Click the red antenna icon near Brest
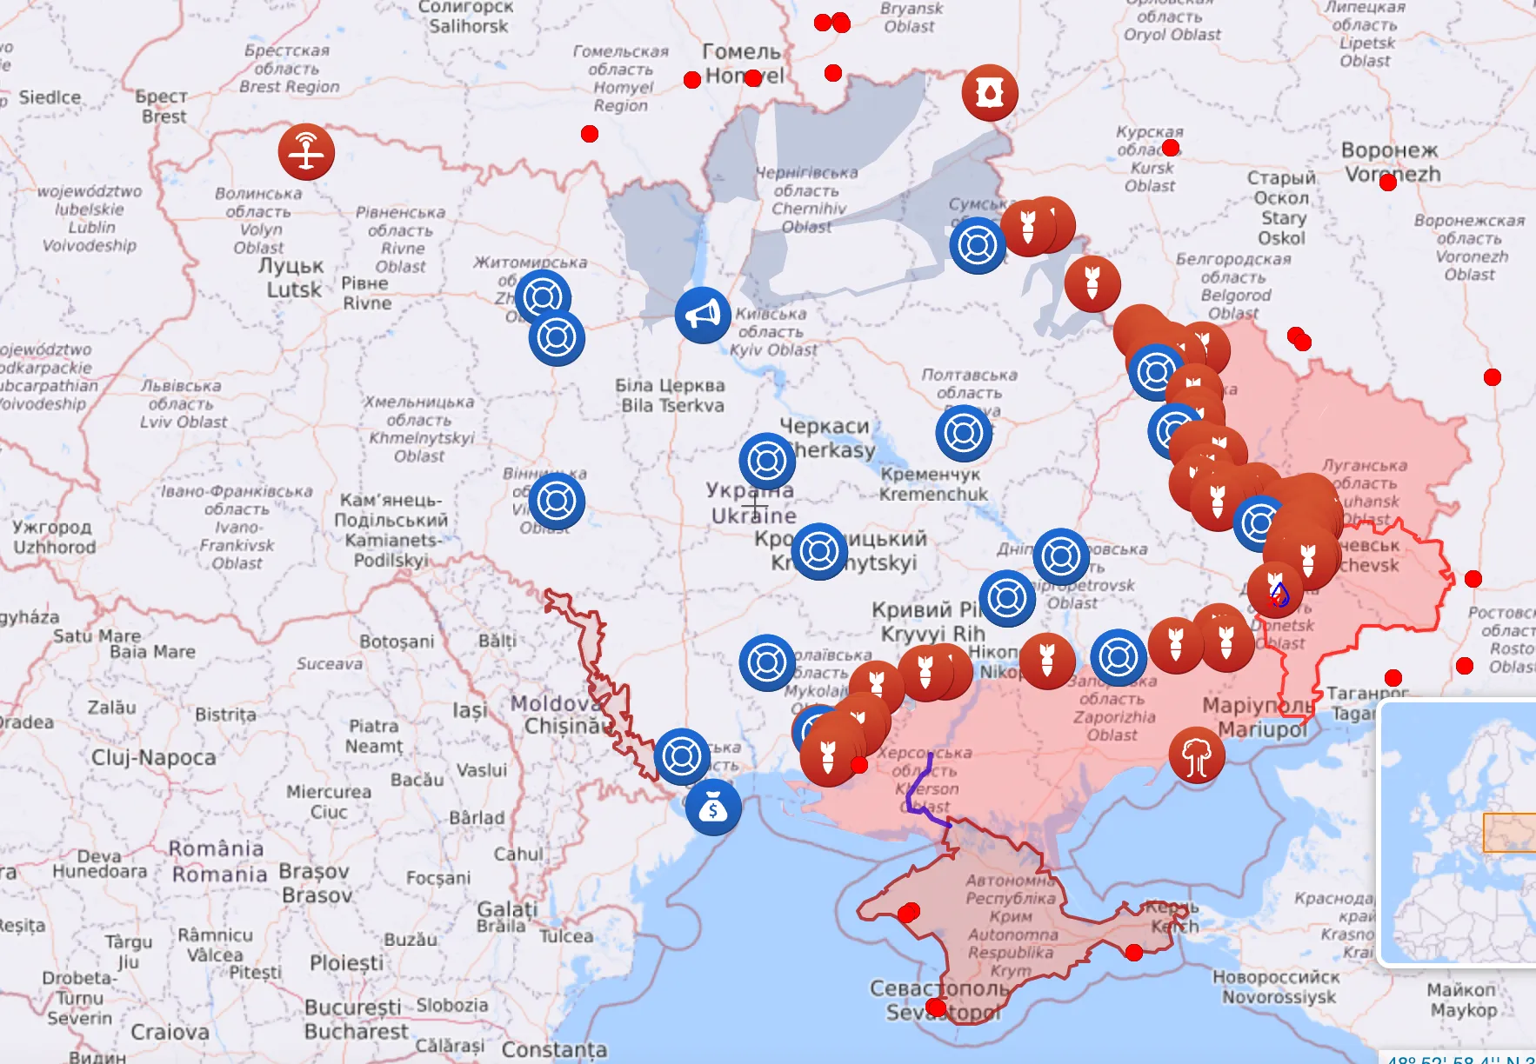(306, 152)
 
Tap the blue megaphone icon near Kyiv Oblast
(703, 315)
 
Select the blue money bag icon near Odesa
(713, 808)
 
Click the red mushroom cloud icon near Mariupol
(1197, 755)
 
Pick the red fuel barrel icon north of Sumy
(990, 92)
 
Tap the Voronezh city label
(1392, 163)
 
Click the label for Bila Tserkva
(671, 396)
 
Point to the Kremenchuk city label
(932, 484)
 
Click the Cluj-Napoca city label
(154, 757)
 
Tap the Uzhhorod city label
(53, 537)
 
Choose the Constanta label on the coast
(554, 1049)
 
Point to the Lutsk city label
(292, 277)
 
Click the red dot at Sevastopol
(936, 1007)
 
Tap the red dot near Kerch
(1134, 953)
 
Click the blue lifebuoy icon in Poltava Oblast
(964, 432)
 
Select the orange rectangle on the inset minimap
(1509, 833)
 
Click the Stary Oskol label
(1282, 208)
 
